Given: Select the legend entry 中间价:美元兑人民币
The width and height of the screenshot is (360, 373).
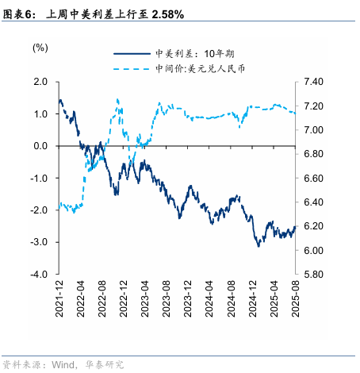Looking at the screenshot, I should coord(205,69).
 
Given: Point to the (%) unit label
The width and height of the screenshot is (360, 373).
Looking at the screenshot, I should coord(40,48).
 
